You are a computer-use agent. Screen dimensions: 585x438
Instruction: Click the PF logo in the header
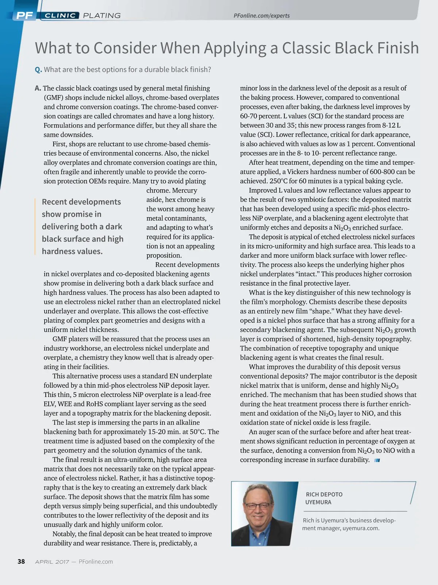(24, 15)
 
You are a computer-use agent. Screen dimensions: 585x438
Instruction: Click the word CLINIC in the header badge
(60, 15)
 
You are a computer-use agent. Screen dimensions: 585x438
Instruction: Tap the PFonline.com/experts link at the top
(261, 16)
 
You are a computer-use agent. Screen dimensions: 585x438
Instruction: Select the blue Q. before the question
(38, 69)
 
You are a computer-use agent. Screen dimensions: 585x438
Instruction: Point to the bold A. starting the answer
(38, 88)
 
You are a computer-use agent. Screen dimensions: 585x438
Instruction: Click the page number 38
(21, 562)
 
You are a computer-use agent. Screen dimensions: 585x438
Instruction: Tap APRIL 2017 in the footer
(52, 562)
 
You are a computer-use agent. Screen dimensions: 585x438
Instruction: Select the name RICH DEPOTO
(324, 494)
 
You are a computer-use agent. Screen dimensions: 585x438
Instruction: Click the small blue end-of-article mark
(377, 460)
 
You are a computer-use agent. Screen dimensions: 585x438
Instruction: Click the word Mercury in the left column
(184, 190)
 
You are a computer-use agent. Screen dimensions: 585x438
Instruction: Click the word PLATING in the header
(102, 15)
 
